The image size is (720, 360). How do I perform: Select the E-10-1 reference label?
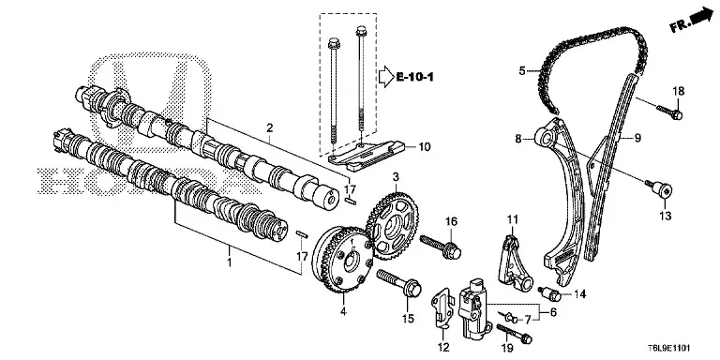click(414, 76)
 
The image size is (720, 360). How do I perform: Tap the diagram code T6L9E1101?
click(669, 348)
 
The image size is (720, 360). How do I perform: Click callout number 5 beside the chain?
click(521, 70)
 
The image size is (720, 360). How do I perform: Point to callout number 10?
click(425, 147)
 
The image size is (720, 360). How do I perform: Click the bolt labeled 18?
click(669, 112)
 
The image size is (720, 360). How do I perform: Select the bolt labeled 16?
click(441, 247)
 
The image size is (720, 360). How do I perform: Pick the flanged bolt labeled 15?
click(399, 283)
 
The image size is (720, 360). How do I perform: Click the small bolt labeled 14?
click(549, 292)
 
